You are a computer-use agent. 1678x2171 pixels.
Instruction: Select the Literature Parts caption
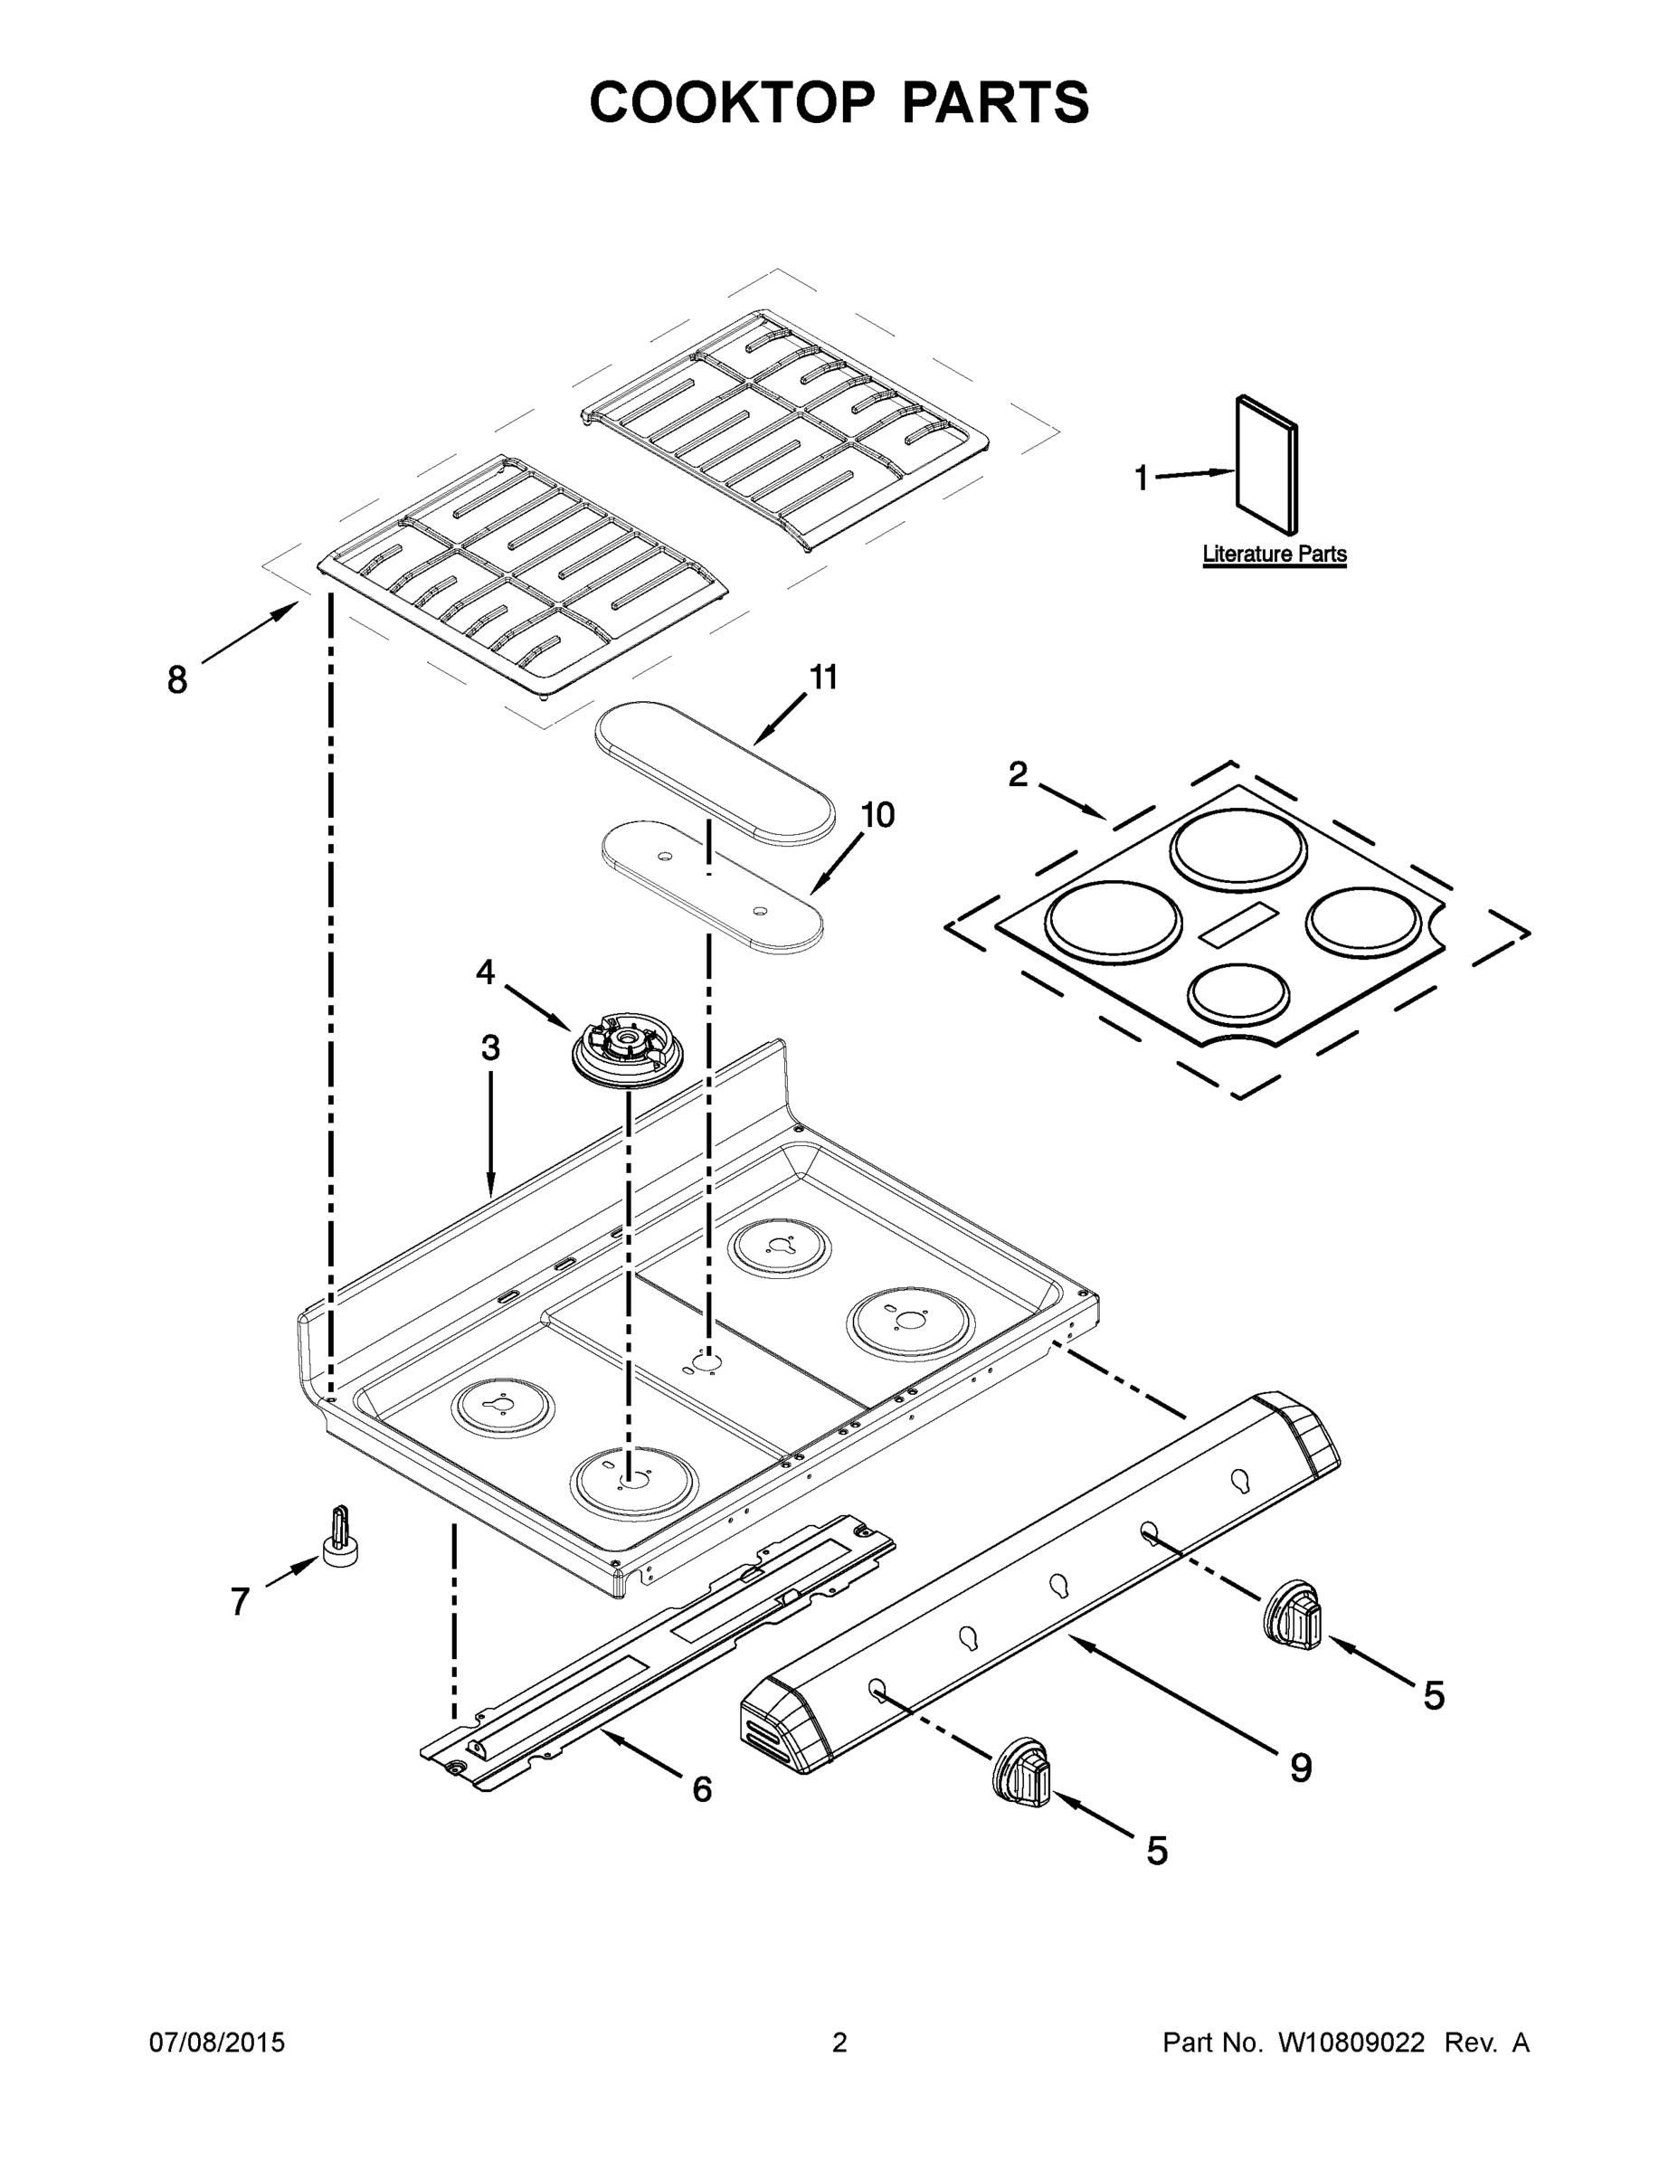1274,554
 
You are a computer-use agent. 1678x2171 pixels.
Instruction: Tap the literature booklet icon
1266,465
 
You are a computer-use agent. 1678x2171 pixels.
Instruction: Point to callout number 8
177,681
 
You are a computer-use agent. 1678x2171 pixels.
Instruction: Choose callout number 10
877,815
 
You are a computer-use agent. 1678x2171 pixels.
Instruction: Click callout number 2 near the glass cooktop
1017,774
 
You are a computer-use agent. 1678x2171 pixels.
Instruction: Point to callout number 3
490,1048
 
